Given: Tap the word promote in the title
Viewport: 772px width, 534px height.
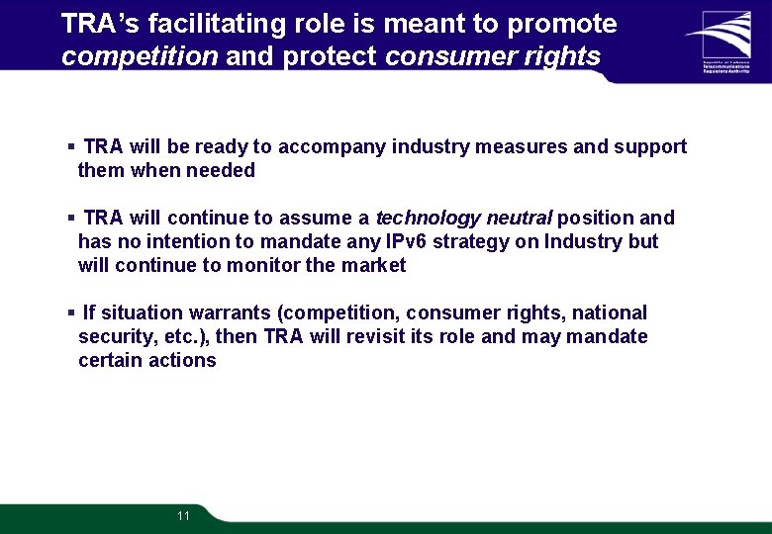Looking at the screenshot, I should tap(561, 25).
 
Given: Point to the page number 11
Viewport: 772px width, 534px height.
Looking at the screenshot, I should tap(183, 516).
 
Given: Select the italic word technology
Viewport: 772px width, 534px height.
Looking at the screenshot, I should tap(428, 219).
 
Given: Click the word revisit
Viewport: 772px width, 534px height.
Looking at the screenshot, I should tap(371, 337).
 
